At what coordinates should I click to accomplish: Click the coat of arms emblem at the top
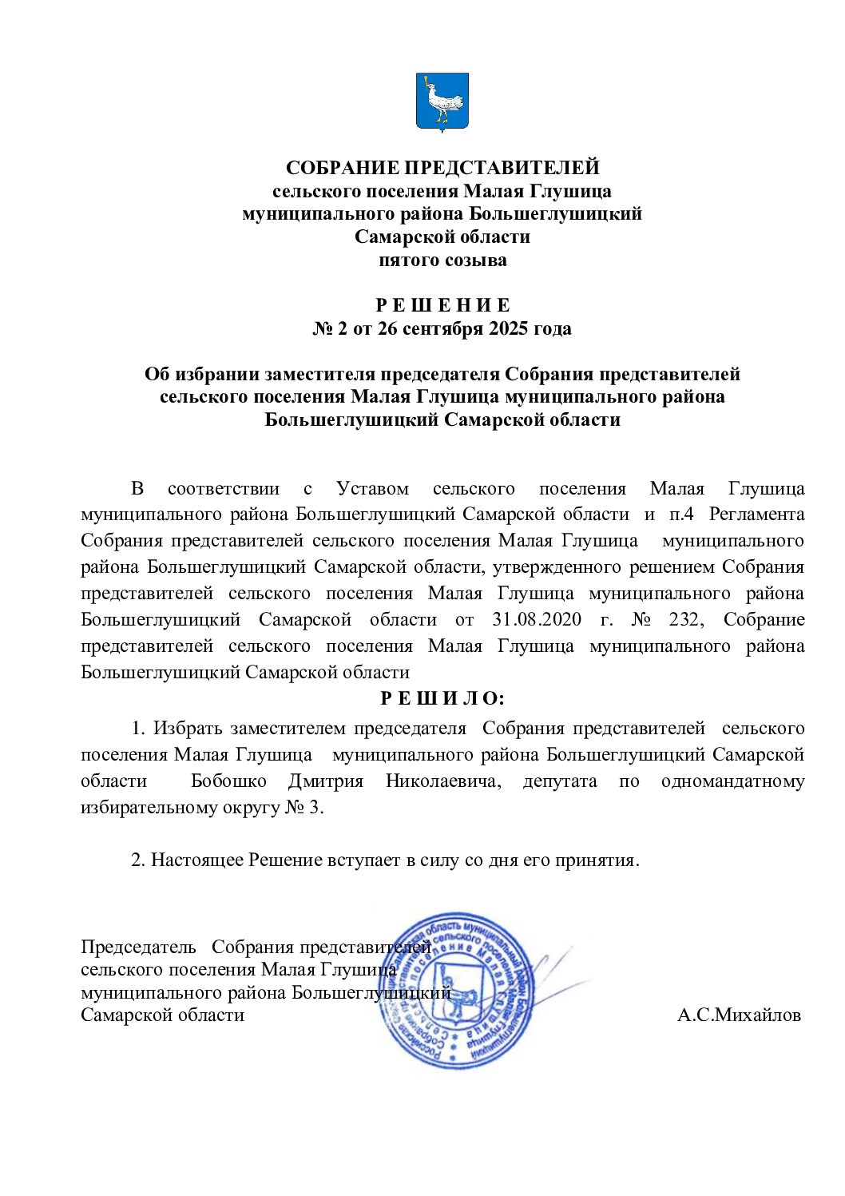[442, 101]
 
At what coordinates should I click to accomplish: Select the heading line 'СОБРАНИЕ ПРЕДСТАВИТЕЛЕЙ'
[442, 168]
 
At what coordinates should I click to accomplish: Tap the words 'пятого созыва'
[442, 260]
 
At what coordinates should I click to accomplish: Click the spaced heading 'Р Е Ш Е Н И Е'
[442, 305]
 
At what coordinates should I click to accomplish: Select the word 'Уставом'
[372, 488]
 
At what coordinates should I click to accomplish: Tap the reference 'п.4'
[681, 514]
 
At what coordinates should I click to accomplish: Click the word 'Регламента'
[756, 514]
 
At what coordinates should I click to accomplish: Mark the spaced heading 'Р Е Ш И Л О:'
[442, 698]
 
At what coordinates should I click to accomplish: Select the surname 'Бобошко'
[228, 781]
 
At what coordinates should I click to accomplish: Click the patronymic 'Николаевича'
[443, 781]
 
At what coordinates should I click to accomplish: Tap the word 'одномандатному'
[732, 781]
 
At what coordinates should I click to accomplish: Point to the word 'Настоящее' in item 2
[198, 860]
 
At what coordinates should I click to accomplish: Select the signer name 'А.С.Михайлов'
[739, 1015]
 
